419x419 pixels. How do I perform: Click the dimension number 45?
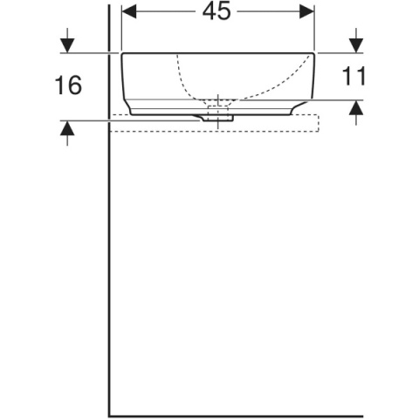coord(216,11)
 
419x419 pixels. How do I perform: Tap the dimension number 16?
coord(68,85)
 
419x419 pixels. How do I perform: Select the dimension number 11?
coord(354,76)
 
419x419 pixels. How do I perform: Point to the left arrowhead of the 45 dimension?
coord(129,11)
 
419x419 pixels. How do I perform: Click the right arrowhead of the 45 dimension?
coord(306,11)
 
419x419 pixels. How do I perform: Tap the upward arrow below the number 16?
coord(67,133)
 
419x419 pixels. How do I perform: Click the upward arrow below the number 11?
coord(356,113)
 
